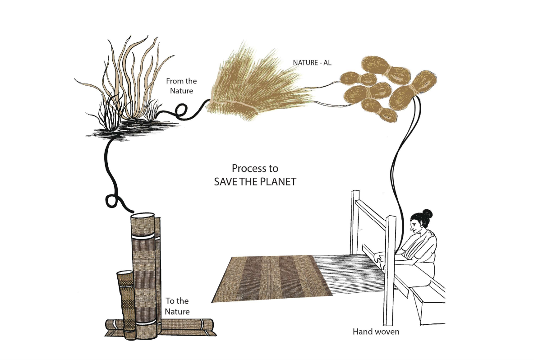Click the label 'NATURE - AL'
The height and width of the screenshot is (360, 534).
coord(312,63)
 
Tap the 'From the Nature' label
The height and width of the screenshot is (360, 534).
coord(181,86)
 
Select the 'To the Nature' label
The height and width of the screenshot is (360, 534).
coord(177,306)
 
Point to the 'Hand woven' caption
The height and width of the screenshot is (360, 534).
coord(376,332)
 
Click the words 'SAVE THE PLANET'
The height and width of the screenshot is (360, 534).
coord(255,181)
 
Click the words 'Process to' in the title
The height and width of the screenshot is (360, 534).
coord(255,168)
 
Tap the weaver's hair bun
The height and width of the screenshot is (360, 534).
coord(427,213)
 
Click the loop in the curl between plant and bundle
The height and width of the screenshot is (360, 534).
coord(181,112)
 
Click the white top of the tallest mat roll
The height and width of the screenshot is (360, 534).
coord(143,217)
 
